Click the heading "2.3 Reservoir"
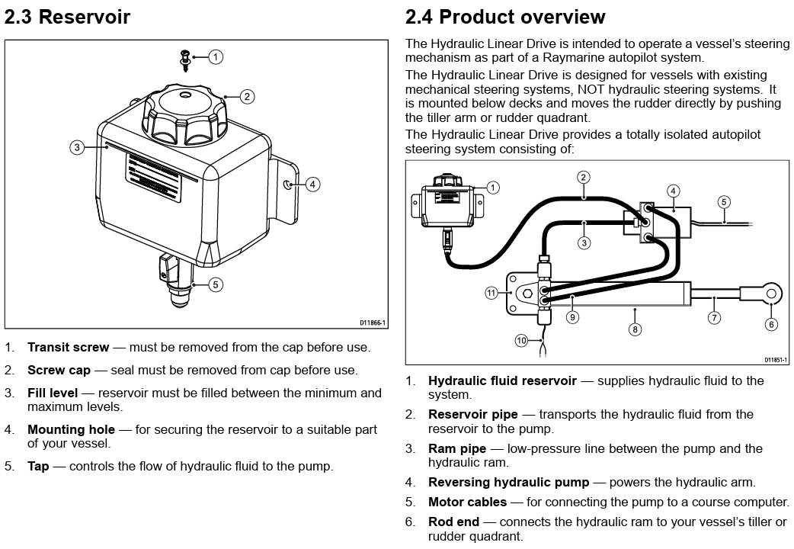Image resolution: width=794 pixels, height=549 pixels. click(x=67, y=17)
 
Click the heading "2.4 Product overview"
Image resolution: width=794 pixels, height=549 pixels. click(x=505, y=17)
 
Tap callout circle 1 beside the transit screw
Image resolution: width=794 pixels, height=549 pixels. click(x=216, y=56)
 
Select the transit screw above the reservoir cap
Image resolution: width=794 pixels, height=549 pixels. click(x=185, y=58)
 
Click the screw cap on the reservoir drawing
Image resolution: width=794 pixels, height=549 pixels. click(x=187, y=114)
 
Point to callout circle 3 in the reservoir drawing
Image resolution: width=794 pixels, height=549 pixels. click(x=77, y=147)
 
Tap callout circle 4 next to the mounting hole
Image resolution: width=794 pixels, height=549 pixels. click(x=312, y=184)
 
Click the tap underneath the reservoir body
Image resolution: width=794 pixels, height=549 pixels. click(x=176, y=282)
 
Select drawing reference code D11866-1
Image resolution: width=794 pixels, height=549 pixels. click(x=373, y=323)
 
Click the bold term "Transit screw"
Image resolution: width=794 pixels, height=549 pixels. click(x=68, y=348)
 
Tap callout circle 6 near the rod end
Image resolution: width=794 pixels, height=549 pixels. click(x=772, y=324)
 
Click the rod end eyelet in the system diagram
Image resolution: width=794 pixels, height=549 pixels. click(x=771, y=293)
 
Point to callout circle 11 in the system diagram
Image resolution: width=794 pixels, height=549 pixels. click(x=492, y=292)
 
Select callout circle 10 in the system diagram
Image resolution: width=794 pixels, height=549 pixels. click(x=521, y=341)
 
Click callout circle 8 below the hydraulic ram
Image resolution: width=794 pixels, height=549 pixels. click(x=636, y=329)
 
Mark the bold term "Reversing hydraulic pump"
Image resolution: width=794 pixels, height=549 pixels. click(x=508, y=483)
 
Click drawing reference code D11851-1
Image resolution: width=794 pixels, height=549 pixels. click(x=775, y=360)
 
